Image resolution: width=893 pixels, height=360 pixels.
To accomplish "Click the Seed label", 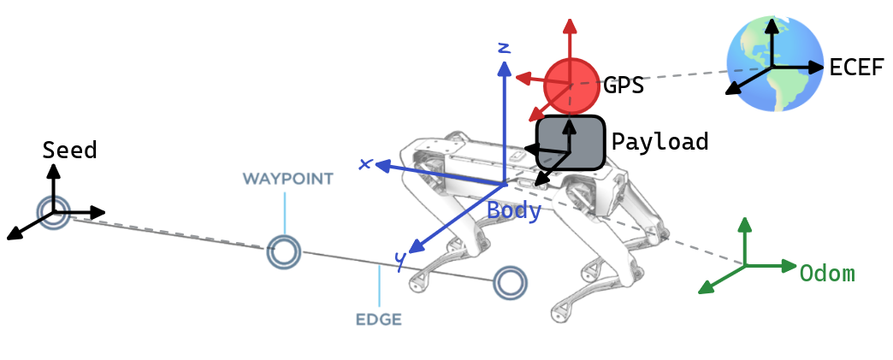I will [69, 150].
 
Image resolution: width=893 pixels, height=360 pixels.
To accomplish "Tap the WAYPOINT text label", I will [287, 179].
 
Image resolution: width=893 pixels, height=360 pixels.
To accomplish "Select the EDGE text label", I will [378, 321].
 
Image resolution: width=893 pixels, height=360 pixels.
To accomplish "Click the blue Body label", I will [514, 211].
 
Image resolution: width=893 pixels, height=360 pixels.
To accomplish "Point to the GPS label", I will [623, 86].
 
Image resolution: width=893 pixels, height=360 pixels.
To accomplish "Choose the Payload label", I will [659, 141].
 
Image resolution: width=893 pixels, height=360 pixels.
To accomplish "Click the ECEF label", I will [856, 68].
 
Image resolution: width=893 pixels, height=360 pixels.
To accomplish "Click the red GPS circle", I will [571, 85].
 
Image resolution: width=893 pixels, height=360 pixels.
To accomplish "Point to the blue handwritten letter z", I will [504, 46].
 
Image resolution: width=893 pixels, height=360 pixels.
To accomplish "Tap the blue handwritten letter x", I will [365, 163].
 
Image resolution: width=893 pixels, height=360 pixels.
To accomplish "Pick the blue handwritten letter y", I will [400, 260].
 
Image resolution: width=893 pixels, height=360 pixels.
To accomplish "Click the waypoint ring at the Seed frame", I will [53, 212].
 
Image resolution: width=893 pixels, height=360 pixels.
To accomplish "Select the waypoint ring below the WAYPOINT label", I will [284, 251].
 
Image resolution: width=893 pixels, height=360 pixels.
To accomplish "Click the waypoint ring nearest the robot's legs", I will [510, 281].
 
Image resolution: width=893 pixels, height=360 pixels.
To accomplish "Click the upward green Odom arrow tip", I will [745, 221].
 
